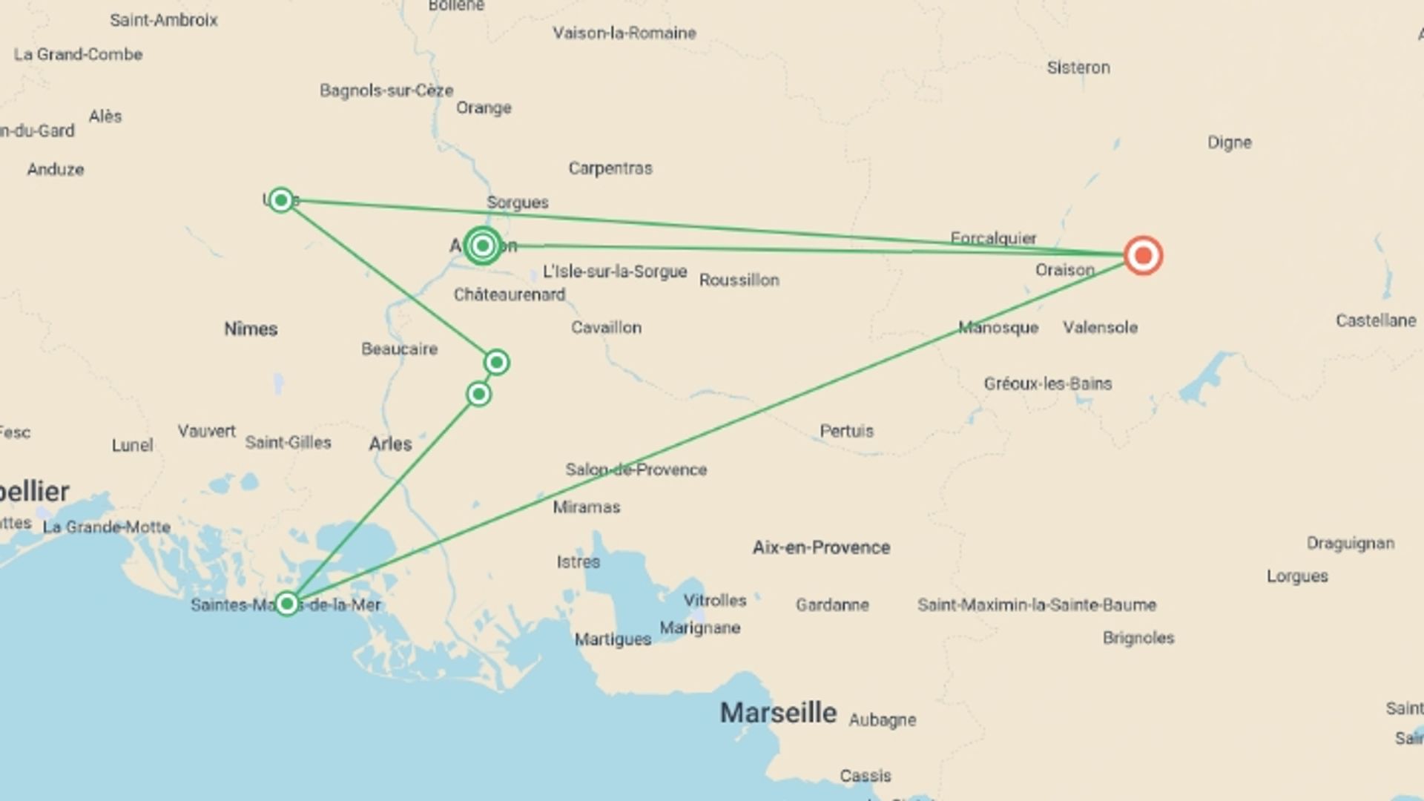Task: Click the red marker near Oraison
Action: tap(1143, 256)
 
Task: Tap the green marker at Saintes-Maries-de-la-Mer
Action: tap(287, 604)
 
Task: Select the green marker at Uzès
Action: tap(281, 200)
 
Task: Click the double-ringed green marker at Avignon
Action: tap(483, 245)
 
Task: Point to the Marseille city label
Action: tap(778, 713)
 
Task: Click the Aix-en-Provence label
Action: tap(821, 547)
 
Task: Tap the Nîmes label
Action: tap(251, 329)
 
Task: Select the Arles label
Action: tap(390, 444)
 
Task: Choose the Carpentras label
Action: tap(610, 168)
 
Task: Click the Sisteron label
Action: tap(1078, 67)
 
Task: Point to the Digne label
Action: tap(1229, 142)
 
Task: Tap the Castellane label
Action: tap(1376, 320)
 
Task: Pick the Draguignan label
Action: tap(1350, 544)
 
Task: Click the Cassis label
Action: tap(866, 776)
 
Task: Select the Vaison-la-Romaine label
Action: tap(624, 33)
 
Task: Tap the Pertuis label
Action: tap(846, 431)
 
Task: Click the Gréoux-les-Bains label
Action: tap(1047, 383)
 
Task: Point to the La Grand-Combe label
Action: tap(78, 54)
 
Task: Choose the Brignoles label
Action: tap(1138, 638)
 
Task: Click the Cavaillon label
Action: tap(606, 327)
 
